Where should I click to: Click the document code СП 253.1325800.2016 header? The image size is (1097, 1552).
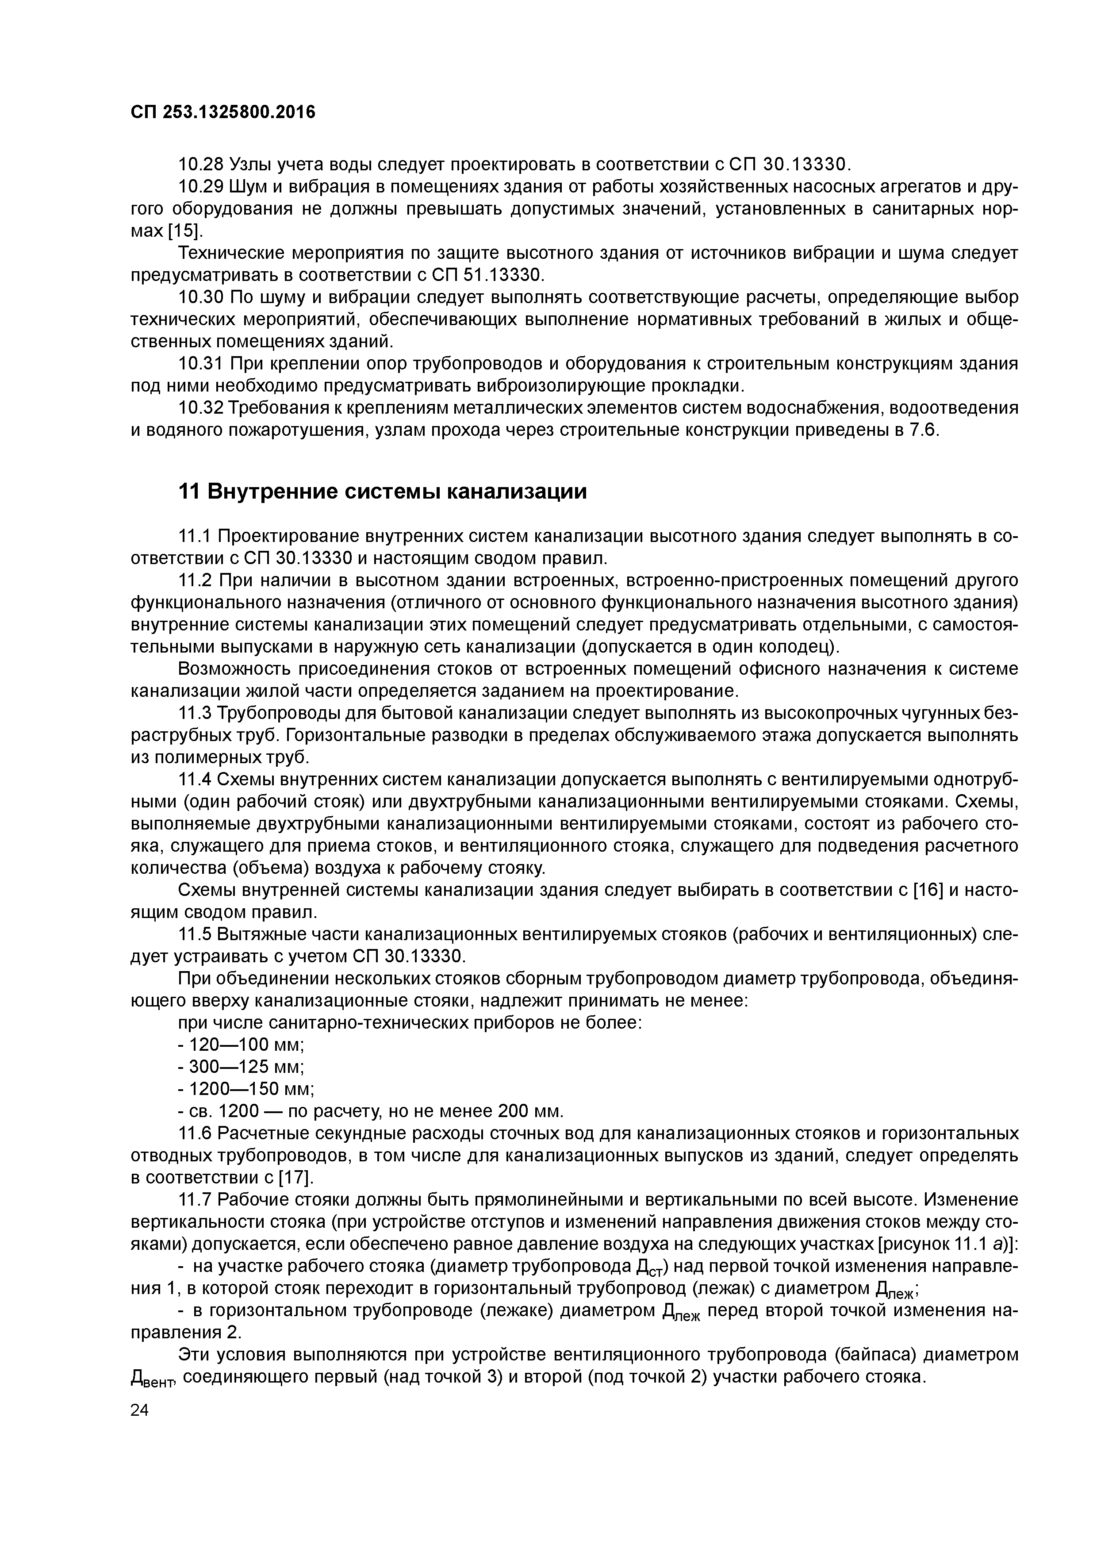(x=223, y=111)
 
